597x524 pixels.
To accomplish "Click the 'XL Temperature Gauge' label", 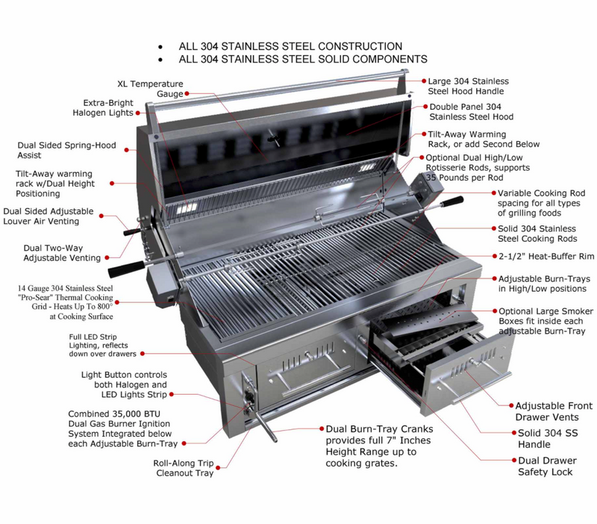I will (x=149, y=89).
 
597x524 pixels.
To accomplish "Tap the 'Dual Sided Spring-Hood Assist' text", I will (x=66, y=150).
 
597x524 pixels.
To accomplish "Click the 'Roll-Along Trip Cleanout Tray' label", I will (x=184, y=468).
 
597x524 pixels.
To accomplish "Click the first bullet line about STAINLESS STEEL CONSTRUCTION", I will (x=290, y=46).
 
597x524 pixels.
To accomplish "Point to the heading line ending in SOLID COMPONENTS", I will (x=302, y=59).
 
